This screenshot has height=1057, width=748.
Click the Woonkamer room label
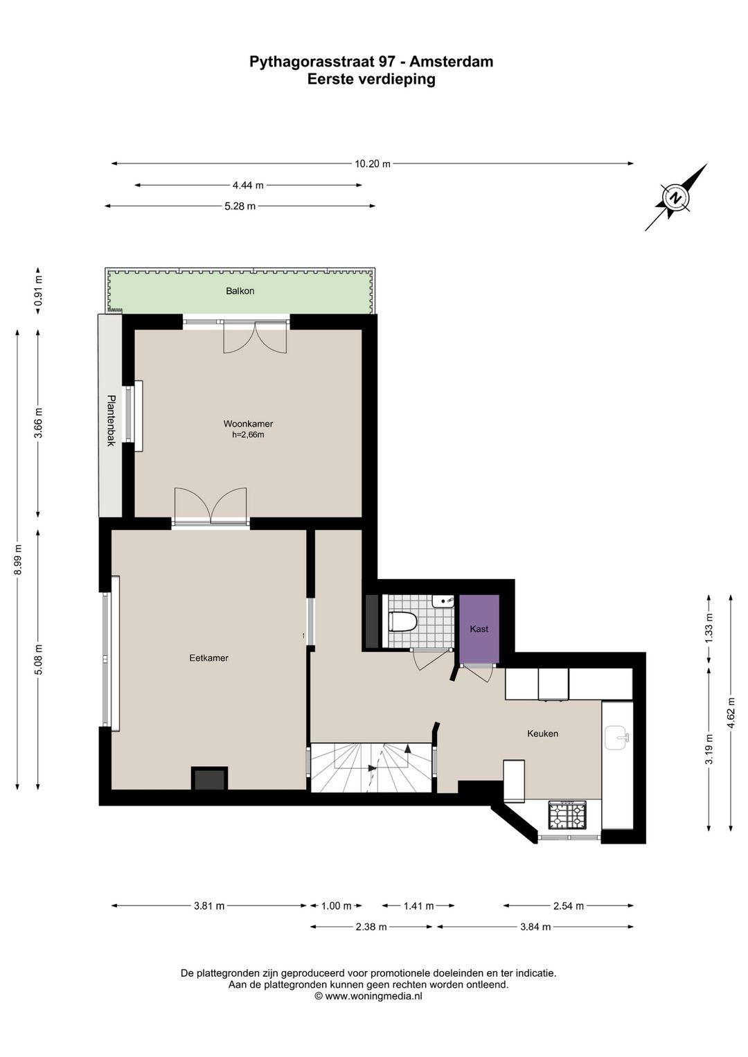(248, 423)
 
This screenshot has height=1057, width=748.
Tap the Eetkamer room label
(208, 657)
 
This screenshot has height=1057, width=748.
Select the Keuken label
(542, 733)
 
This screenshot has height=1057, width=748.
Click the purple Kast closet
(479, 628)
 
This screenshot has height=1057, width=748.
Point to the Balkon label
(240, 291)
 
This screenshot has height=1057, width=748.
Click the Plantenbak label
(110, 420)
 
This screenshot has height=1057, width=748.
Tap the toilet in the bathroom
(402, 621)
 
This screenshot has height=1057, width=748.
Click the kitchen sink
(616, 738)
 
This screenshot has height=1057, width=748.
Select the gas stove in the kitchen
(567, 815)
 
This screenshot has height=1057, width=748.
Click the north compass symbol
(675, 198)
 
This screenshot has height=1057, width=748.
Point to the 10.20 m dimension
(373, 164)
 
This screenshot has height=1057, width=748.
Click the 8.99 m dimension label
(18, 558)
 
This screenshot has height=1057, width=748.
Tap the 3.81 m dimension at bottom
(209, 905)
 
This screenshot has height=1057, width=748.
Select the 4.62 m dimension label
(731, 711)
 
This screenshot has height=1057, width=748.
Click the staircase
(371, 767)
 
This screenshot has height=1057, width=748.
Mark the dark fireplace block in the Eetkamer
(209, 779)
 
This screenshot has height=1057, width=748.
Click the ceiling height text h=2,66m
(248, 435)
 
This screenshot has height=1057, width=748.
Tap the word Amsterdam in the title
(452, 62)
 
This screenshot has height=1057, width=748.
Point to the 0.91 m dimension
(39, 291)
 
